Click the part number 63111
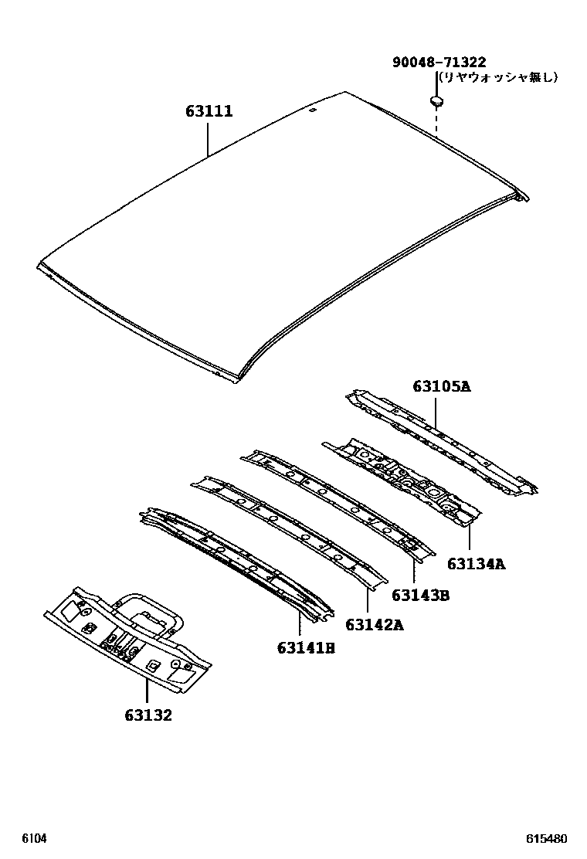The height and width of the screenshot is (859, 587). [209, 112]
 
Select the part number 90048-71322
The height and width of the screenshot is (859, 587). [439, 63]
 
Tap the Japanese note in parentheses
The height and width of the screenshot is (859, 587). [497, 77]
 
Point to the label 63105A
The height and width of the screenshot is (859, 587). [441, 386]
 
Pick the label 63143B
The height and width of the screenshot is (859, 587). [420, 595]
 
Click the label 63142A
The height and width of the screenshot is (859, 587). [374, 625]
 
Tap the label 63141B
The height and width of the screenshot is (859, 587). [306, 647]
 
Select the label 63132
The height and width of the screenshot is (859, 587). [148, 715]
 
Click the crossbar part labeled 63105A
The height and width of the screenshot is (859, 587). [440, 440]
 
